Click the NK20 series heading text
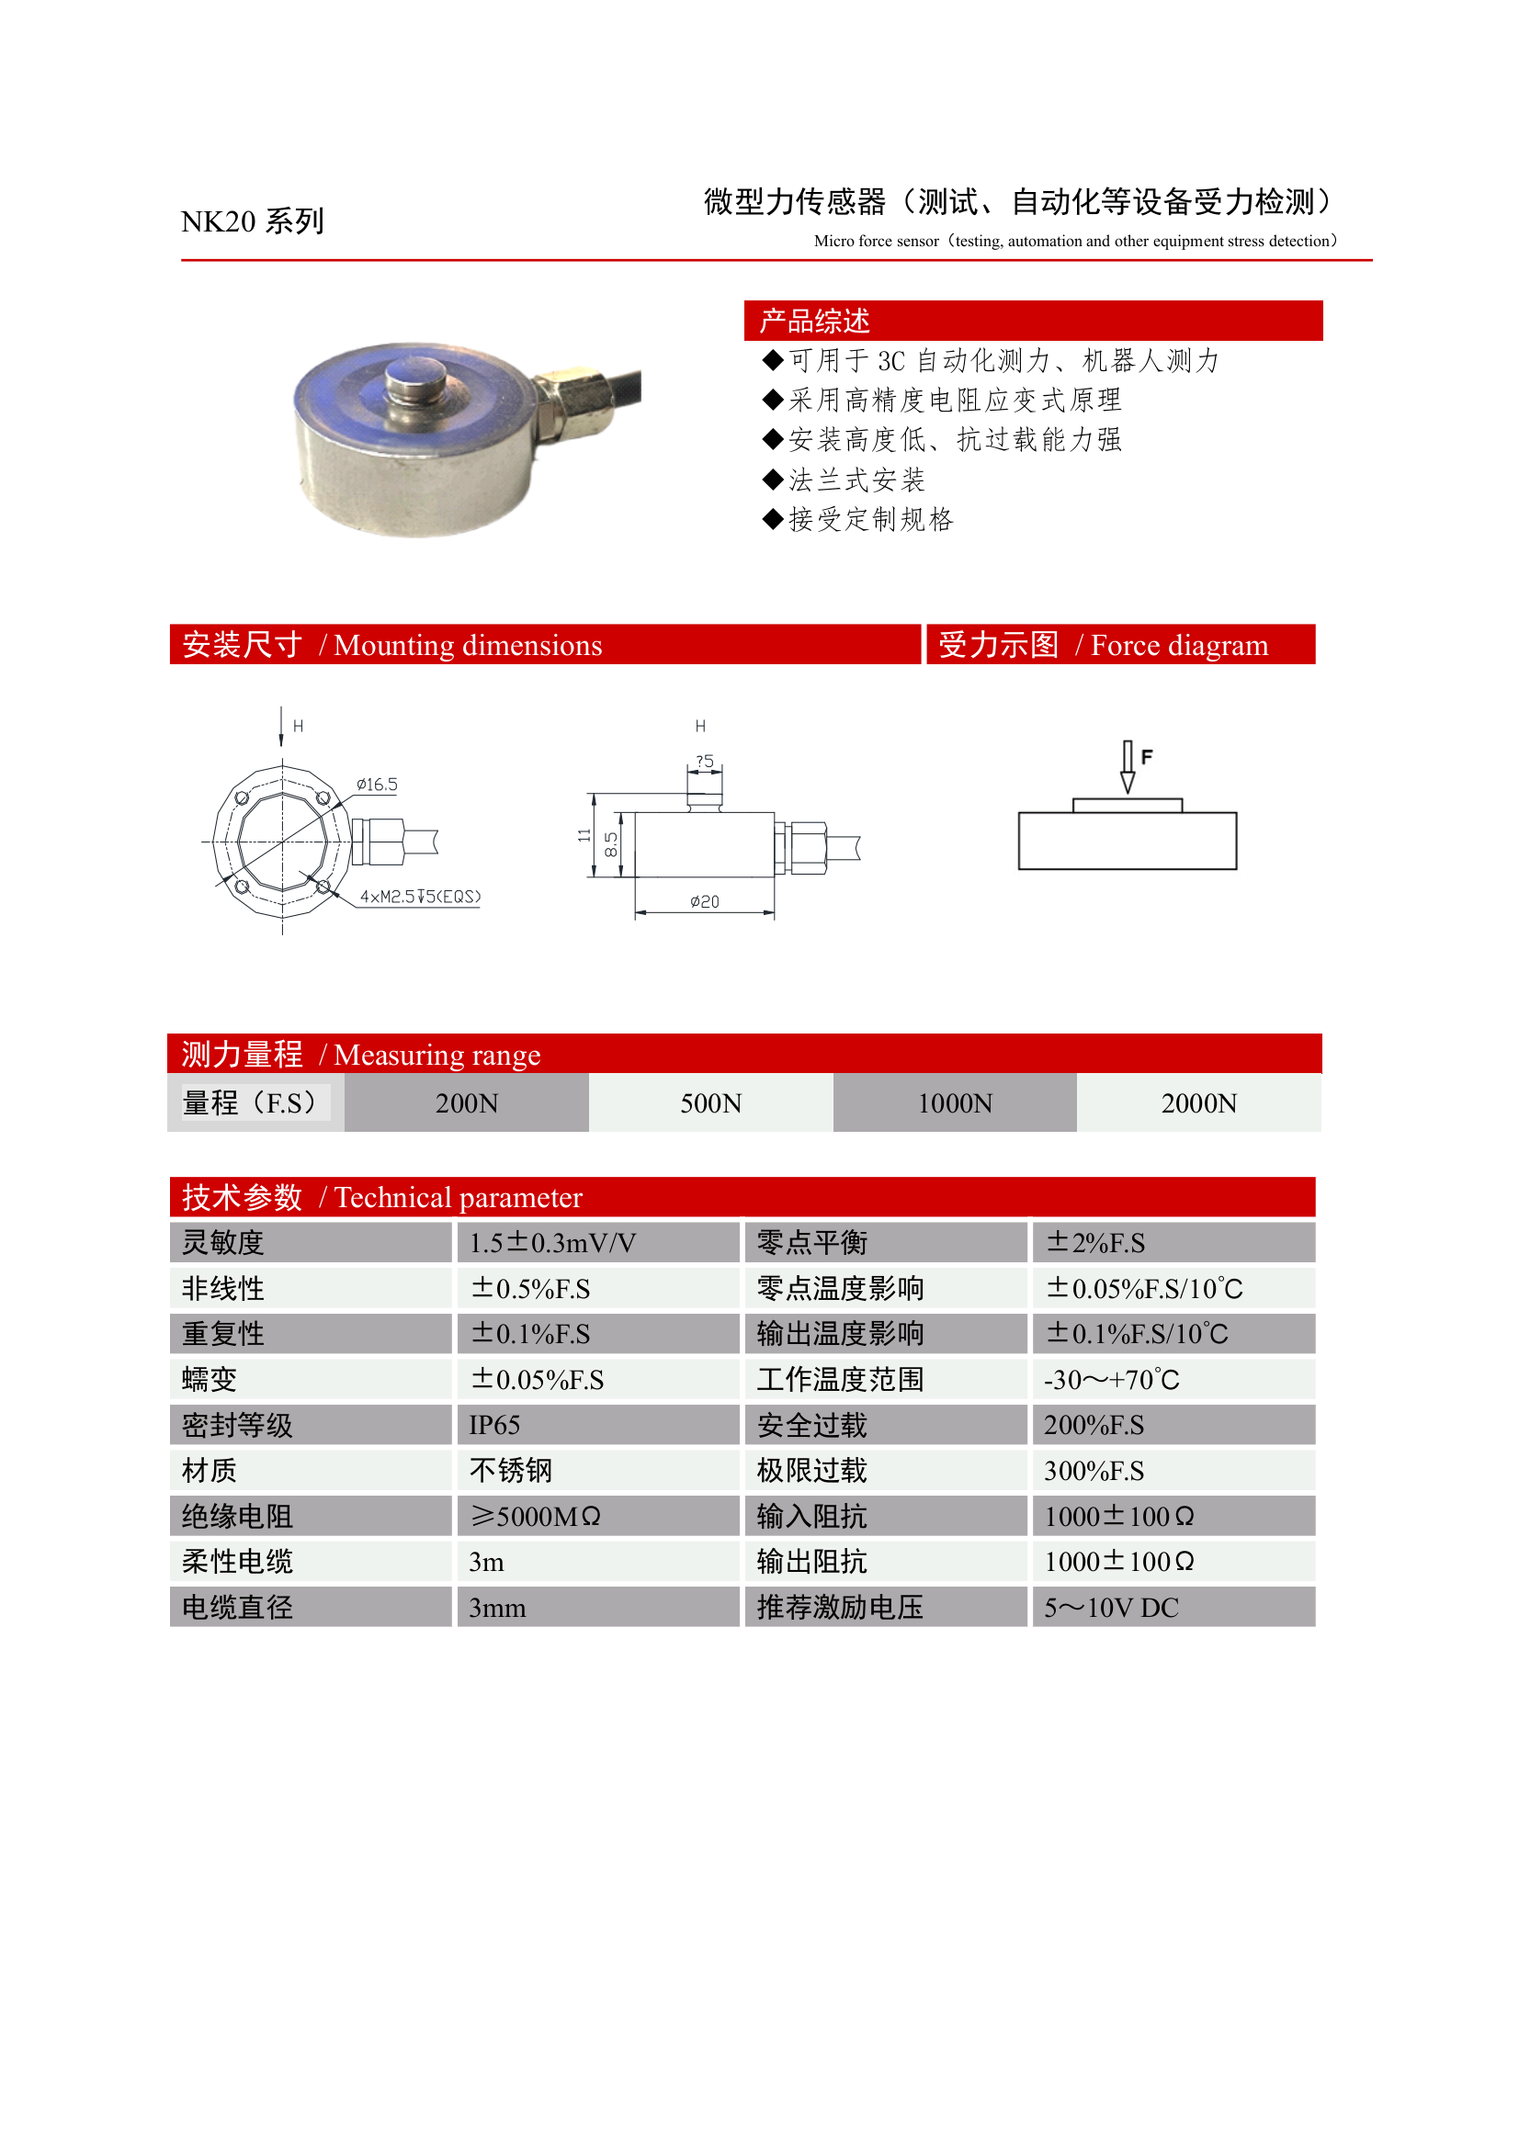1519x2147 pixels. [252, 221]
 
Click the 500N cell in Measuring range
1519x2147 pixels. [711, 1103]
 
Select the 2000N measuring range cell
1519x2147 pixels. [1198, 1103]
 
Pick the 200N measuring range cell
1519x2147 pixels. [467, 1103]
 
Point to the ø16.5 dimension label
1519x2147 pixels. [377, 785]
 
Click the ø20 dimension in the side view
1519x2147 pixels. [704, 901]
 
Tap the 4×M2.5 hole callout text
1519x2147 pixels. [420, 897]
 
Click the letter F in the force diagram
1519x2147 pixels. [1147, 756]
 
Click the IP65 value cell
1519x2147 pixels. [494, 1425]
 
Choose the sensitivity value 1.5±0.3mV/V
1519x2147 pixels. [552, 1243]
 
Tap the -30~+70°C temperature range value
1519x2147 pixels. [1111, 1380]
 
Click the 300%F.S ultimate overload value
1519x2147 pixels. [1094, 1471]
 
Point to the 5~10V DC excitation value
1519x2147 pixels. [1111, 1608]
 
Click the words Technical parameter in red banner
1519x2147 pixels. [459, 1198]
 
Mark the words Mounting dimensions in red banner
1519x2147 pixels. [468, 645]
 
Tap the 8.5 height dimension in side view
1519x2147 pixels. [611, 844]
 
